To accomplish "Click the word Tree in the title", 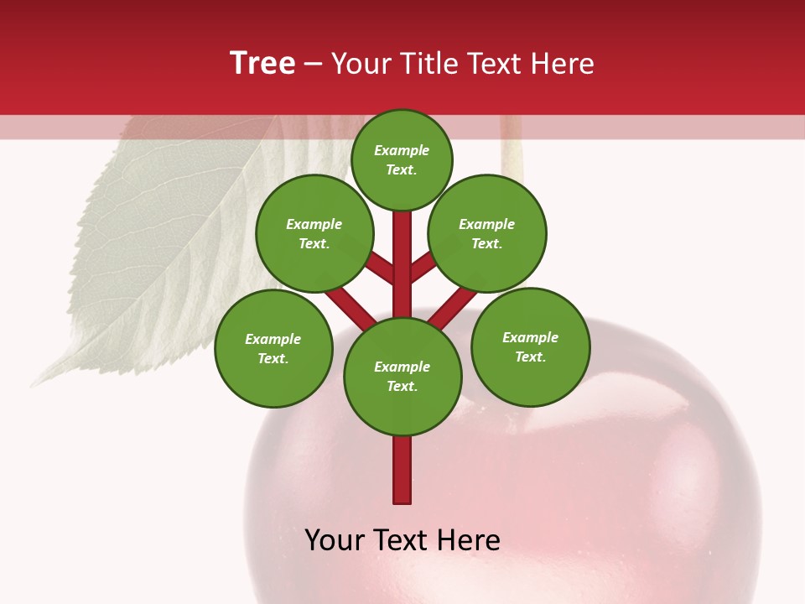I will click(262, 64).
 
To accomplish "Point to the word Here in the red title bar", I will click(563, 64).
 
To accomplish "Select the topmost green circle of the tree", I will click(402, 159).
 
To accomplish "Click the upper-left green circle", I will click(314, 233).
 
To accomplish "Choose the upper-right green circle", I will click(487, 233).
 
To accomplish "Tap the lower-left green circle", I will click(273, 348).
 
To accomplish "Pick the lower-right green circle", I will click(531, 346).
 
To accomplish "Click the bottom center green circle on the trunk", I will click(402, 377).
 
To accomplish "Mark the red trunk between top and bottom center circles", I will click(402, 268).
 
